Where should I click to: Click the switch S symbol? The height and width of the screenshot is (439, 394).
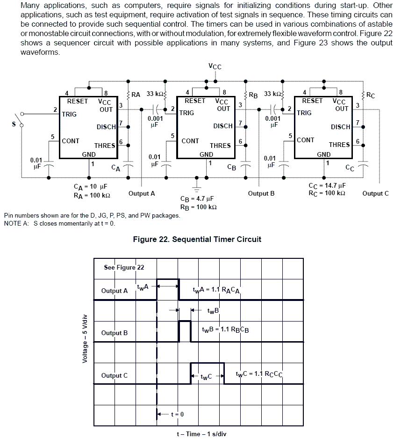click(19, 119)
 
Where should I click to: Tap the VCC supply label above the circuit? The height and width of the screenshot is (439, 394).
click(215, 66)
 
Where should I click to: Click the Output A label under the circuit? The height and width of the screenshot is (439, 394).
click(142, 193)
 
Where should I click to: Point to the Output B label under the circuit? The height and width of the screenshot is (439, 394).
click(261, 193)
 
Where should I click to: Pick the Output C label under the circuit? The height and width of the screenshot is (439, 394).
click(375, 193)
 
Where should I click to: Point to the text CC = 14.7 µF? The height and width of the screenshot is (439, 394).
click(327, 185)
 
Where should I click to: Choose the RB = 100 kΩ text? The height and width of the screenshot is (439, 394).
click(198, 207)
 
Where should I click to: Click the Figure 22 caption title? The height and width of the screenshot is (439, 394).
click(197, 239)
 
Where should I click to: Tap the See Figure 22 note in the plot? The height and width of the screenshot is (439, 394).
click(124, 267)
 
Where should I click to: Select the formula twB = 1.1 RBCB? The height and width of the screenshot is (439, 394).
click(225, 329)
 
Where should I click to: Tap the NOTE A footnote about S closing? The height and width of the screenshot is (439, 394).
click(59, 223)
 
